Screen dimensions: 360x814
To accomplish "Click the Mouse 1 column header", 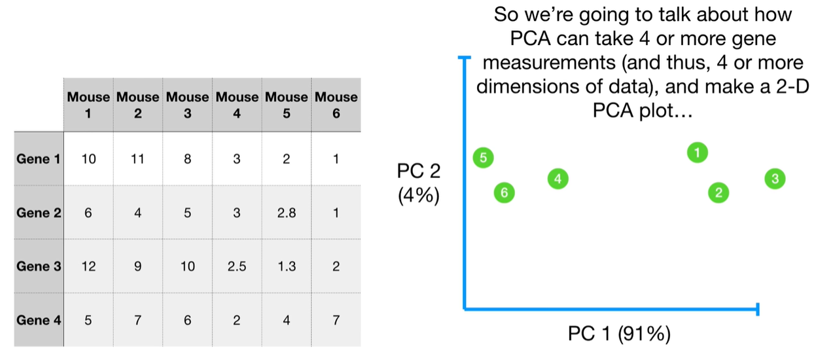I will (x=88, y=105).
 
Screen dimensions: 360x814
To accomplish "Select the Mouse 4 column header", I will (x=237, y=105).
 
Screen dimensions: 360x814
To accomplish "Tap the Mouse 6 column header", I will (x=336, y=105).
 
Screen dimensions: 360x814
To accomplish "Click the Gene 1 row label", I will (x=39, y=159).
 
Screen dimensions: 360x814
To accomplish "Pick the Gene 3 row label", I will (x=39, y=266).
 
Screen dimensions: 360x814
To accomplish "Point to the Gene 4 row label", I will (x=39, y=320).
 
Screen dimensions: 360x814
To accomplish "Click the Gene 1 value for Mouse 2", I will (x=137, y=159).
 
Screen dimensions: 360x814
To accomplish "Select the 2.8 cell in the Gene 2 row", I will (x=286, y=213).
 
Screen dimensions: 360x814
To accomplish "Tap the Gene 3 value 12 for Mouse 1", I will (x=88, y=266).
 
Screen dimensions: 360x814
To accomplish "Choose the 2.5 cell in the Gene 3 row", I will (x=237, y=266).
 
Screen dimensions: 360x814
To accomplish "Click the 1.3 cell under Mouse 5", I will (x=286, y=266).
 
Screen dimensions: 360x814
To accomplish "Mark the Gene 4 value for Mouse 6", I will (x=336, y=320).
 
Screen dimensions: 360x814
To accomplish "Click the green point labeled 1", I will (x=698, y=153).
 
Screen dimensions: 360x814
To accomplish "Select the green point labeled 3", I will (x=774, y=179).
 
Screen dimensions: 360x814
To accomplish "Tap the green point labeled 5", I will (x=483, y=158).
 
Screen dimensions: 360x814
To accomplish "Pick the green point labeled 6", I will (x=503, y=192).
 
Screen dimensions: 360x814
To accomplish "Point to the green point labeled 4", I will (x=557, y=179).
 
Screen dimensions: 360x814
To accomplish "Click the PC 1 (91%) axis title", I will (x=618, y=334).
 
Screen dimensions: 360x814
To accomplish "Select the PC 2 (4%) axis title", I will (x=419, y=183).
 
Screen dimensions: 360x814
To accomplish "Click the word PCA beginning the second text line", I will (x=529, y=39).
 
